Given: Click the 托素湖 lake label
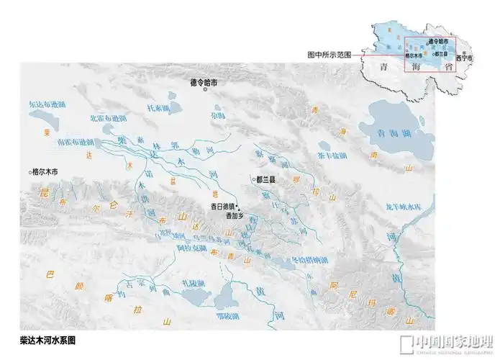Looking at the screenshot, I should click(158, 108).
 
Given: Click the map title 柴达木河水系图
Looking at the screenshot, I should click(49, 338).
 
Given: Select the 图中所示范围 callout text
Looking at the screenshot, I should click(329, 55).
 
